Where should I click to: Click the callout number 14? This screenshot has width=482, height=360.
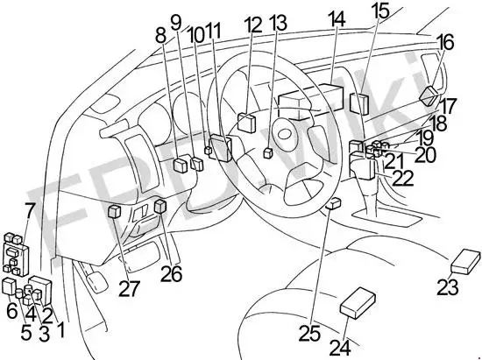pos(337,19)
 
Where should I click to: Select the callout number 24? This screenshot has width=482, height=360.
pos(340,348)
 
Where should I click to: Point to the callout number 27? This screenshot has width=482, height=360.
pos(129,288)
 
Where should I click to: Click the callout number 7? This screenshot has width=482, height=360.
pos(30,210)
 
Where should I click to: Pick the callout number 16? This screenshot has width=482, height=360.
pos(446,42)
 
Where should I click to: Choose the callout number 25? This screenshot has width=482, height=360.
pos(309,333)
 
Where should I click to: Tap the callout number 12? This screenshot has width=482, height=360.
pos(253,25)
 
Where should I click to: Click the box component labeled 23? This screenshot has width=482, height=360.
pos(465,261)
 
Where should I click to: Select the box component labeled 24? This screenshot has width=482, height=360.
pos(358,302)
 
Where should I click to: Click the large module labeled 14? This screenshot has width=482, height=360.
pos(310,102)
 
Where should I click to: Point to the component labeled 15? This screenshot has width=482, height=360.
pos(359,104)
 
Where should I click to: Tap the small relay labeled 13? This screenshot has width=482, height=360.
pos(268,152)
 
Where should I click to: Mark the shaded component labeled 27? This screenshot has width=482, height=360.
pos(115,211)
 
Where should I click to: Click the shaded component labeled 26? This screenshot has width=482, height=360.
pos(160,206)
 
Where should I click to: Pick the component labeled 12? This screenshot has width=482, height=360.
pos(247,123)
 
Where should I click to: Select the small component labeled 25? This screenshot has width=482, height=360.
pos(333,203)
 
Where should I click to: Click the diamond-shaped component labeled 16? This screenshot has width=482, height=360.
pos(429,95)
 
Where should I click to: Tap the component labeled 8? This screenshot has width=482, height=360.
pos(181,165)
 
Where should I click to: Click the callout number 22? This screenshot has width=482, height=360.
pos(403,178)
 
